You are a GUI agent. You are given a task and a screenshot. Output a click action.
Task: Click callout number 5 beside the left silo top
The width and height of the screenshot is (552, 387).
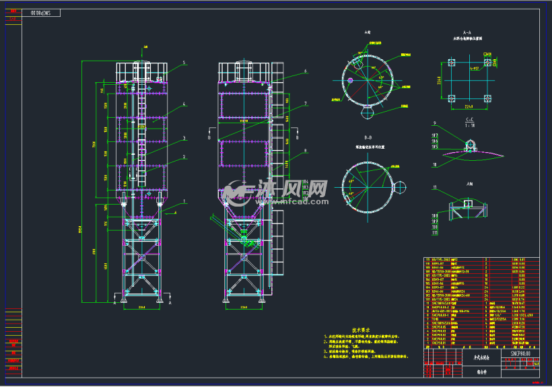[182, 63]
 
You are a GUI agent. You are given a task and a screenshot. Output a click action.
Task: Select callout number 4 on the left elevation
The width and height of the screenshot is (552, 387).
[183, 104]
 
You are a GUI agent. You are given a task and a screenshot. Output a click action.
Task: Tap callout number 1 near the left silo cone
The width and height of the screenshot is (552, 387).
[184, 201]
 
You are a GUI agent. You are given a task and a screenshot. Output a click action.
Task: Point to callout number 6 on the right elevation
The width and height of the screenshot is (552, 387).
[305, 71]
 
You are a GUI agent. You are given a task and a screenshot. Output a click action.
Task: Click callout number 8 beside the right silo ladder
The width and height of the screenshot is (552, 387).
[305, 151]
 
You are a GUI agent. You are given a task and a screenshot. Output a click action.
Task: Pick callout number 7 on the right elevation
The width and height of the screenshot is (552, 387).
[305, 104]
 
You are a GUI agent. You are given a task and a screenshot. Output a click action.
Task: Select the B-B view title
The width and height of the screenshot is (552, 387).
[368, 137]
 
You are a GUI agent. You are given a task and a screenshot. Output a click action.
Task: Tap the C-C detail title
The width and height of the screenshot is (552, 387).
[469, 120]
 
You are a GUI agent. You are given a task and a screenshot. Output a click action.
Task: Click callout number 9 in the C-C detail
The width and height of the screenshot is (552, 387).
[436, 123]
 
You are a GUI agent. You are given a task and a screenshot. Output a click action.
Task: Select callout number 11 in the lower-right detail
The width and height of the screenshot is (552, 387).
[436, 186]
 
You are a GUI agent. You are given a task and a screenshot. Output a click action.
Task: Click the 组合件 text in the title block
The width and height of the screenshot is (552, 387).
[464, 370]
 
